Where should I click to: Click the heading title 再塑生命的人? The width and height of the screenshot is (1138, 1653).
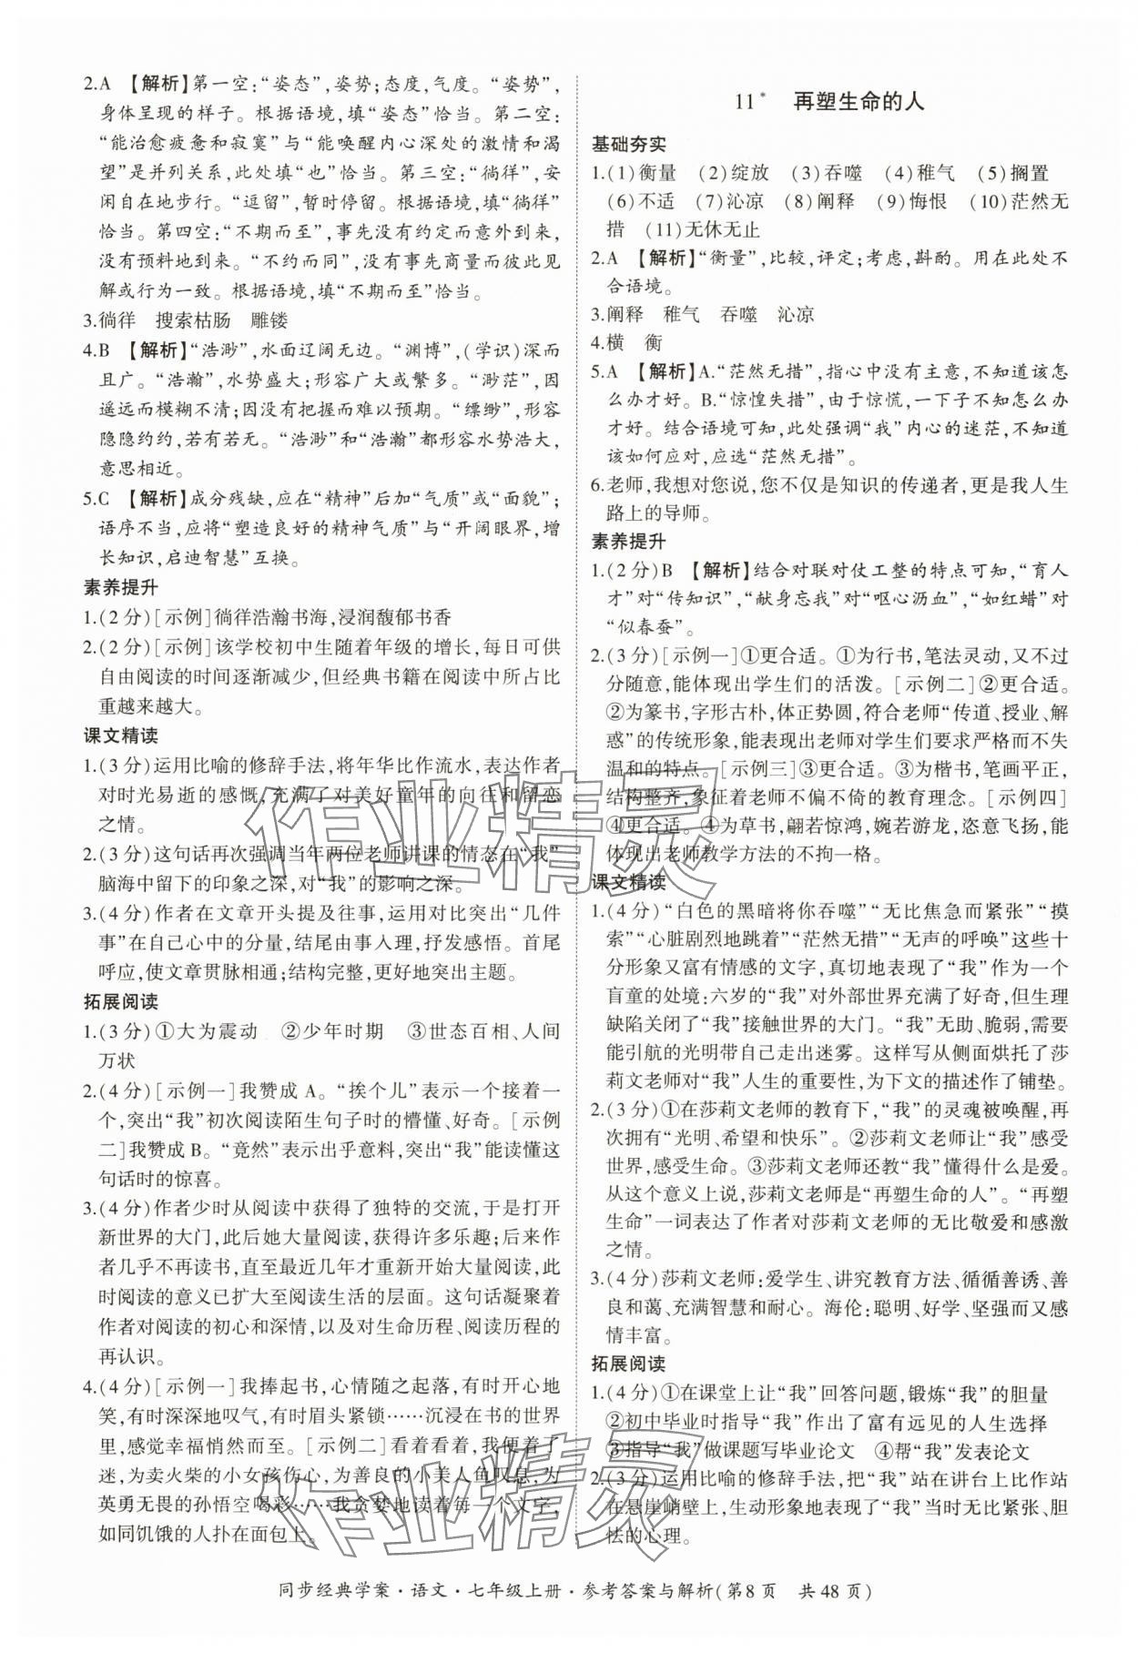(x=859, y=101)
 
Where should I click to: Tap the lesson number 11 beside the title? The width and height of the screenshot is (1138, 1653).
(x=745, y=102)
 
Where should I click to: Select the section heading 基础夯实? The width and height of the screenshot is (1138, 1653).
(x=628, y=144)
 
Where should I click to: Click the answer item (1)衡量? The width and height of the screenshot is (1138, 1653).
(x=644, y=173)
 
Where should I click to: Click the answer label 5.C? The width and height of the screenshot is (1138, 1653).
(x=97, y=499)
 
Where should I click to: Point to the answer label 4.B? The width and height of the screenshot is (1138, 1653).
(x=97, y=350)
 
